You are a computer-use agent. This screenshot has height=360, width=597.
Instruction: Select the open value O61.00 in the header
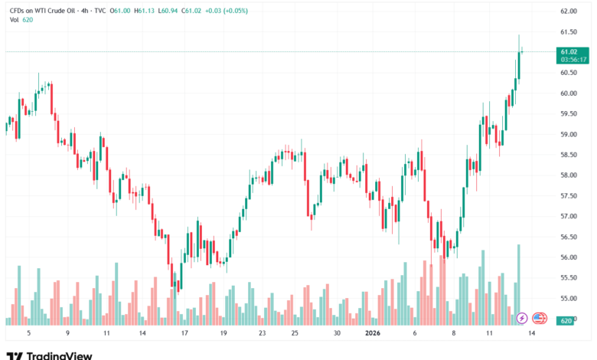[120, 11]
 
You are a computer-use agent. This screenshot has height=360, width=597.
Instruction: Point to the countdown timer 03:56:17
[573, 58]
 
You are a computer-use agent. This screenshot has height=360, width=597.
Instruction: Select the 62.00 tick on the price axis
[568, 11]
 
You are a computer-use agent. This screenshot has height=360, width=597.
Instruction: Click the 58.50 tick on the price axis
[568, 155]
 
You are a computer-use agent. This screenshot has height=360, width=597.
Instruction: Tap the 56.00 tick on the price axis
[568, 257]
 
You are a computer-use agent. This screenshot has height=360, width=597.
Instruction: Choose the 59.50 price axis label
[568, 114]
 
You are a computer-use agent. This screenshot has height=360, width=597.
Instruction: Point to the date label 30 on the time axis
[337, 333]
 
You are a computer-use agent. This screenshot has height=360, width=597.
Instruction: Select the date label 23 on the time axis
[262, 333]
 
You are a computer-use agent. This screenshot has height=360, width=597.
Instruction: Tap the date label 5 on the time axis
[28, 333]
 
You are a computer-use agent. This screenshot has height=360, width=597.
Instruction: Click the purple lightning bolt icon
[521, 317]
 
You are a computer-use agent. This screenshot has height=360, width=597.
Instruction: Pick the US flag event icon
[539, 317]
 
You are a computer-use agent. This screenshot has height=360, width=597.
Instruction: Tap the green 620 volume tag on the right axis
[566, 320]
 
